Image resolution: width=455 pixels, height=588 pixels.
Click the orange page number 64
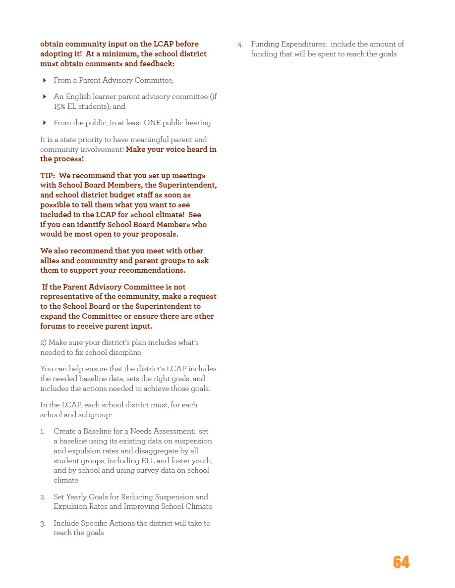click(x=401, y=562)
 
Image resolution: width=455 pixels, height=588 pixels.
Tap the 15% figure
click(x=60, y=106)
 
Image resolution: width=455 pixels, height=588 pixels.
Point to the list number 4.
click(x=240, y=45)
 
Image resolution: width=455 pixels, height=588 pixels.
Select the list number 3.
click(x=43, y=524)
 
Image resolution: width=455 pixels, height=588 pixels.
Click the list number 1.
click(x=43, y=432)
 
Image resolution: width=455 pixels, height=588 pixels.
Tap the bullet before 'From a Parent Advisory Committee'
click(x=45, y=80)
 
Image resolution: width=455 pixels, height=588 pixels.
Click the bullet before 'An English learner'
click(x=45, y=97)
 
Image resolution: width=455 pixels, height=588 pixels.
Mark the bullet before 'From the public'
click(x=45, y=123)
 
